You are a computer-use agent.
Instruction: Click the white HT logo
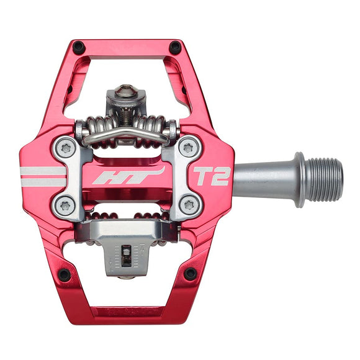point(127,176)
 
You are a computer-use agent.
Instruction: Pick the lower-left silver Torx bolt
point(64,206)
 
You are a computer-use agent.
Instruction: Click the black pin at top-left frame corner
point(78,47)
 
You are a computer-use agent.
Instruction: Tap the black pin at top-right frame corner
point(176,47)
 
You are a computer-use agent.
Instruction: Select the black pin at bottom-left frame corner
point(64,274)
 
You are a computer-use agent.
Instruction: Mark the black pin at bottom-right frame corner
point(191,273)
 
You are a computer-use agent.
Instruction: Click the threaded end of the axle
point(324,179)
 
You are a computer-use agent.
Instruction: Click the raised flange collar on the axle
point(299,179)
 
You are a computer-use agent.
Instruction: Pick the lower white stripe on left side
point(43,182)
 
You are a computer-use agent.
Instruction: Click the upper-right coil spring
point(152,129)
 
